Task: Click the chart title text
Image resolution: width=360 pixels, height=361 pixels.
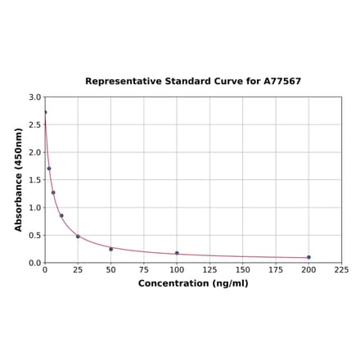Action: pyautogui.click(x=193, y=82)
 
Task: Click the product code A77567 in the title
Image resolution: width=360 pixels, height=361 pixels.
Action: pyautogui.click(x=281, y=82)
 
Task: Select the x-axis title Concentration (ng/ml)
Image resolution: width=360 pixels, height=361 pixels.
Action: pyautogui.click(x=193, y=283)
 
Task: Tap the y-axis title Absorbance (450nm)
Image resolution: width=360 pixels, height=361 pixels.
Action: pyautogui.click(x=19, y=179)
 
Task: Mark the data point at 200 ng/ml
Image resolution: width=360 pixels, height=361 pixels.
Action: pyautogui.click(x=308, y=257)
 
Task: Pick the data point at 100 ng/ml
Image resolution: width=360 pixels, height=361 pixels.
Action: pyautogui.click(x=177, y=253)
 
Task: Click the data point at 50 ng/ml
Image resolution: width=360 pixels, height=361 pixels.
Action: pyautogui.click(x=111, y=249)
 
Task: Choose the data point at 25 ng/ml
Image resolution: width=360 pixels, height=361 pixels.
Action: pyautogui.click(x=78, y=237)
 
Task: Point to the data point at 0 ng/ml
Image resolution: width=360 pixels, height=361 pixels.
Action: pyautogui.click(x=45, y=112)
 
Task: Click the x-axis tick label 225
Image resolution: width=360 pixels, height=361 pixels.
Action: pyautogui.click(x=341, y=269)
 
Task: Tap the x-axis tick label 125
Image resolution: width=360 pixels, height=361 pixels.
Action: pyautogui.click(x=209, y=269)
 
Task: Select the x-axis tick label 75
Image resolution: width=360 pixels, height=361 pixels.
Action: pyautogui.click(x=144, y=269)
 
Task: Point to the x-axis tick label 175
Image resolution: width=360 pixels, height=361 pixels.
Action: pyautogui.click(x=276, y=269)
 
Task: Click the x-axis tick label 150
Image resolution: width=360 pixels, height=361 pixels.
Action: pyautogui.click(x=243, y=269)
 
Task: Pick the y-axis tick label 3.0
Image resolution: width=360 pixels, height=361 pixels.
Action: pyautogui.click(x=35, y=97)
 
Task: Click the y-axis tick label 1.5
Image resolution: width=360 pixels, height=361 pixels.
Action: pyautogui.click(x=35, y=180)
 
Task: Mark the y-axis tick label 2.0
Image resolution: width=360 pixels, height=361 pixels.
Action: pyautogui.click(x=35, y=152)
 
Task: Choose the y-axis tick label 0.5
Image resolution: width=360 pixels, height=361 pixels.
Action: pyautogui.click(x=35, y=235)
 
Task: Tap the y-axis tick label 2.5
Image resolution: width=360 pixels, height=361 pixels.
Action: pyautogui.click(x=35, y=125)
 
